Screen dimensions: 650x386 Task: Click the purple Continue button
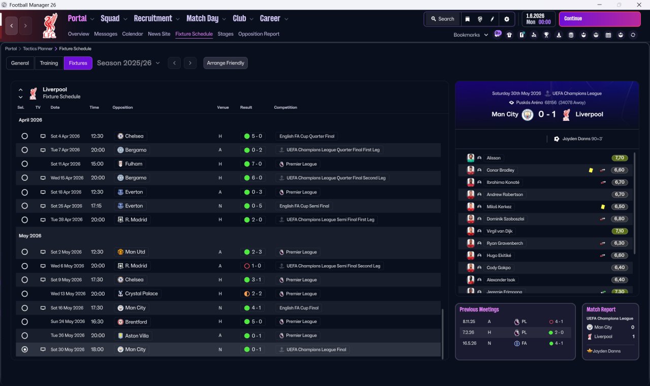tap(600, 19)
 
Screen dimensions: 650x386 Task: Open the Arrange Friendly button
tap(225, 63)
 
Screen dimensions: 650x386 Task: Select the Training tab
tap(49, 63)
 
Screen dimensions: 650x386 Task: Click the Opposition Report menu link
tap(258, 34)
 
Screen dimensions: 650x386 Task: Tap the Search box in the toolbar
tap(442, 19)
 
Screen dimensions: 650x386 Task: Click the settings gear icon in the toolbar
tap(507, 19)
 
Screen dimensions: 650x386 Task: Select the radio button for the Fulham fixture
tap(25, 164)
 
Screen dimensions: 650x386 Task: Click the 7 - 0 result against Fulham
tap(253, 164)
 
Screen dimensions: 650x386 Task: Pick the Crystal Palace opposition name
tap(141, 294)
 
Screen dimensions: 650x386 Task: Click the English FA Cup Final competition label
tap(299, 308)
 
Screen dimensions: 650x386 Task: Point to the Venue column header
tap(223, 107)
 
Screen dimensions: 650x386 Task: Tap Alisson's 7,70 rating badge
tap(620, 158)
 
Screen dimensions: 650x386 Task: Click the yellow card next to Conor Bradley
tap(591, 170)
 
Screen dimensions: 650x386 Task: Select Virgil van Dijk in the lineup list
tap(499, 231)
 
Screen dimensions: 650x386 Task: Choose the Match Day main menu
tap(203, 19)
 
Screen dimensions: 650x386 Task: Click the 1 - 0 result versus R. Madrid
tap(253, 266)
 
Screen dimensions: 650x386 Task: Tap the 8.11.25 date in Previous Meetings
tap(469, 321)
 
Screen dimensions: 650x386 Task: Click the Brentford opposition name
tap(136, 322)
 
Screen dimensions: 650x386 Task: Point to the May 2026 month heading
tap(30, 236)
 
